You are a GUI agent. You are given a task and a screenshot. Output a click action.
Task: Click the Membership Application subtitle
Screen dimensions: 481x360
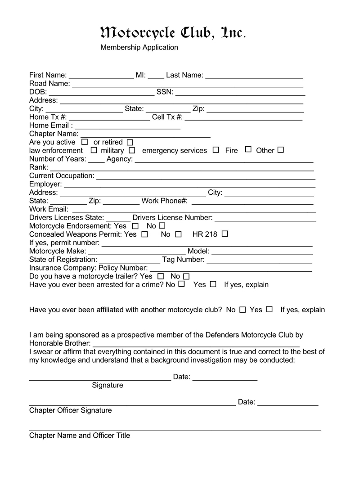[139, 47]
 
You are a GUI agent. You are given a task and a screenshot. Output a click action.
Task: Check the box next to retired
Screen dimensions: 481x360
[130, 142]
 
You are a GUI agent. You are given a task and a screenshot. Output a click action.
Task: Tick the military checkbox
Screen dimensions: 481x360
[132, 150]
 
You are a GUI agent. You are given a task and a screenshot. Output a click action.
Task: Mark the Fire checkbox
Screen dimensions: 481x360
[248, 150]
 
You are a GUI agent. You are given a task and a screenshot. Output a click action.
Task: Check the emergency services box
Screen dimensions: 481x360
[216, 150]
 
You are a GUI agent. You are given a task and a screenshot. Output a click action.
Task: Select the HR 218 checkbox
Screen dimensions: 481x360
[225, 234]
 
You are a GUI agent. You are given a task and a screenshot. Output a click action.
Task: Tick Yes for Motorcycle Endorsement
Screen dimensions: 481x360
[135, 226]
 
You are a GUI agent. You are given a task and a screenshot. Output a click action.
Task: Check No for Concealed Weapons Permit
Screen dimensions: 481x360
[178, 234]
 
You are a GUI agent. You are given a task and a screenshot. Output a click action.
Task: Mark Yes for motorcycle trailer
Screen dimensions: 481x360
[161, 276]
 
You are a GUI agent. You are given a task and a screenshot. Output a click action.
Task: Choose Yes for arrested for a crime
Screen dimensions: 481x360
[213, 284]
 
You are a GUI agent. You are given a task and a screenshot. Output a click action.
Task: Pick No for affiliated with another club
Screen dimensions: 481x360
[243, 310]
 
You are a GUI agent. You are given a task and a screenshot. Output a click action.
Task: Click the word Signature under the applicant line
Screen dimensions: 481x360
[108, 385]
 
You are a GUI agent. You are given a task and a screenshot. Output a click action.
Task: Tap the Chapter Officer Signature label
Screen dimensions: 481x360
[71, 410]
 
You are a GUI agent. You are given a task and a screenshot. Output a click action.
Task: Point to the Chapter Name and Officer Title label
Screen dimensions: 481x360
[80, 436]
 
